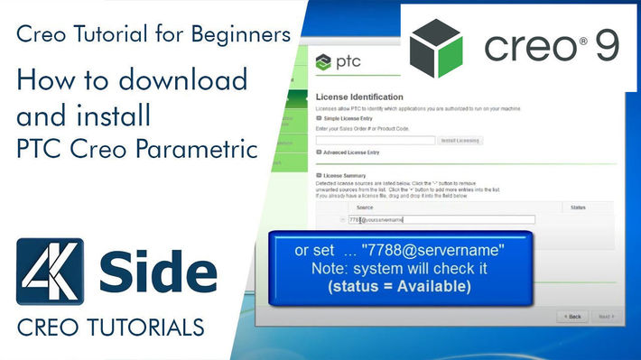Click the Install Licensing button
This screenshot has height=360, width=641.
[x=460, y=140]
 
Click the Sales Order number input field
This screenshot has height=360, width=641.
[x=375, y=140]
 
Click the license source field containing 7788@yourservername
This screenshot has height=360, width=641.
[x=441, y=219]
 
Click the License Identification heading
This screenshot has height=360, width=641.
[x=359, y=97]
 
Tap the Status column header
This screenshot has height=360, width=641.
[x=579, y=207]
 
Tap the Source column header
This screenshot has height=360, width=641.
[x=365, y=207]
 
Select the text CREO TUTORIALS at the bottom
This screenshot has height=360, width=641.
[x=110, y=324]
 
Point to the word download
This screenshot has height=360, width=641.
[x=190, y=80]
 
